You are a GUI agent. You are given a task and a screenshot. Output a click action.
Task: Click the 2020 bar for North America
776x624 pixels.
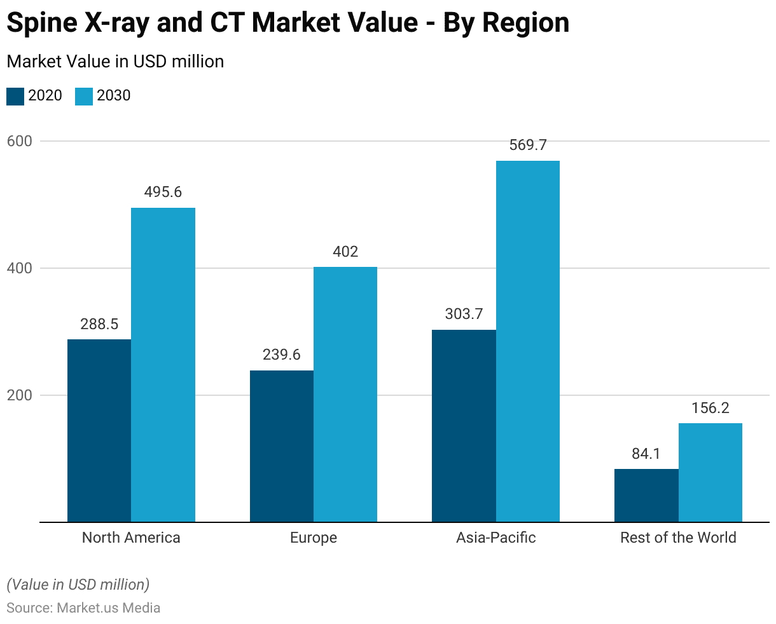point(99,430)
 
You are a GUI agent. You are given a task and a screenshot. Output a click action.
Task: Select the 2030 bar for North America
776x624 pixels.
point(163,365)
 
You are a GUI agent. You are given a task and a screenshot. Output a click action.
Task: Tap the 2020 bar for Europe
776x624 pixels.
point(281,446)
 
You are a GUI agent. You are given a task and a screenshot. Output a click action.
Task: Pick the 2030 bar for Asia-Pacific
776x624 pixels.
point(527,341)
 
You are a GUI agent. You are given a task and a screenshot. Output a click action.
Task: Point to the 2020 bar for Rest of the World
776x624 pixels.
point(646,495)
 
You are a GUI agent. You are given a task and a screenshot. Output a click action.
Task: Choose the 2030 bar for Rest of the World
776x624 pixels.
point(710,472)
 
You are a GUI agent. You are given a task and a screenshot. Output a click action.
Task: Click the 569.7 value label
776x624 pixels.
point(528,145)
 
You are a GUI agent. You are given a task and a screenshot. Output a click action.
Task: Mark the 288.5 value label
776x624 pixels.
point(99,324)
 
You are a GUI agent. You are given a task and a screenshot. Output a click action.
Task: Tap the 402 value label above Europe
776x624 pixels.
point(345,252)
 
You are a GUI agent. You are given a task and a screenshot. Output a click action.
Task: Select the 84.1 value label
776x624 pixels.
point(646,454)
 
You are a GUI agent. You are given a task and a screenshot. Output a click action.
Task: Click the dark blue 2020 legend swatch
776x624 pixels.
point(15,97)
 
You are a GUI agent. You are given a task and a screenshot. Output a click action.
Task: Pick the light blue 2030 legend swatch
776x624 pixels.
point(84,97)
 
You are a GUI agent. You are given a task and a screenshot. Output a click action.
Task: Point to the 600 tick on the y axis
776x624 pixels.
point(20,141)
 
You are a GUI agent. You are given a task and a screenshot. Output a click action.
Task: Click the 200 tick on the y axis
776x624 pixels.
point(20,395)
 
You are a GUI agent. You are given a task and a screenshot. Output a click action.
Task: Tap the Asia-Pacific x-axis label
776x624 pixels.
point(496,538)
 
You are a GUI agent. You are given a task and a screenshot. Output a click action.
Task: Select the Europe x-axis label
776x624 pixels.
point(314,538)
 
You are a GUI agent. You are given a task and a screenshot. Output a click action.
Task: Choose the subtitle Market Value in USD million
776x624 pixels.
point(115,62)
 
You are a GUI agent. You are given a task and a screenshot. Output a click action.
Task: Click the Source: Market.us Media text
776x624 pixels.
point(83,607)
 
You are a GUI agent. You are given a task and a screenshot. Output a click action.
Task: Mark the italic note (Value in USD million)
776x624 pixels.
point(78,584)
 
